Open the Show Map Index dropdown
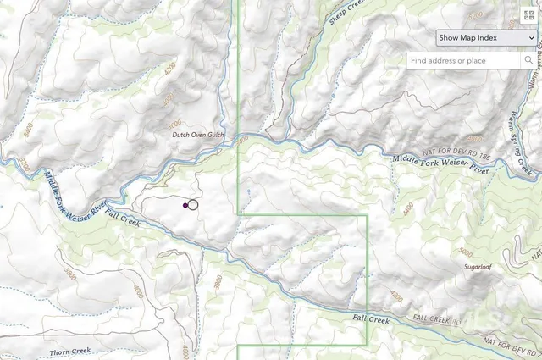coord(486,37)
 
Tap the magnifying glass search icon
coord(529,60)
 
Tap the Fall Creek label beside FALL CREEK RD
coord(372,319)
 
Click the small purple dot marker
coord(185,204)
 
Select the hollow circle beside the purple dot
coord(193,204)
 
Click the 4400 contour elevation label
coord(409,208)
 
